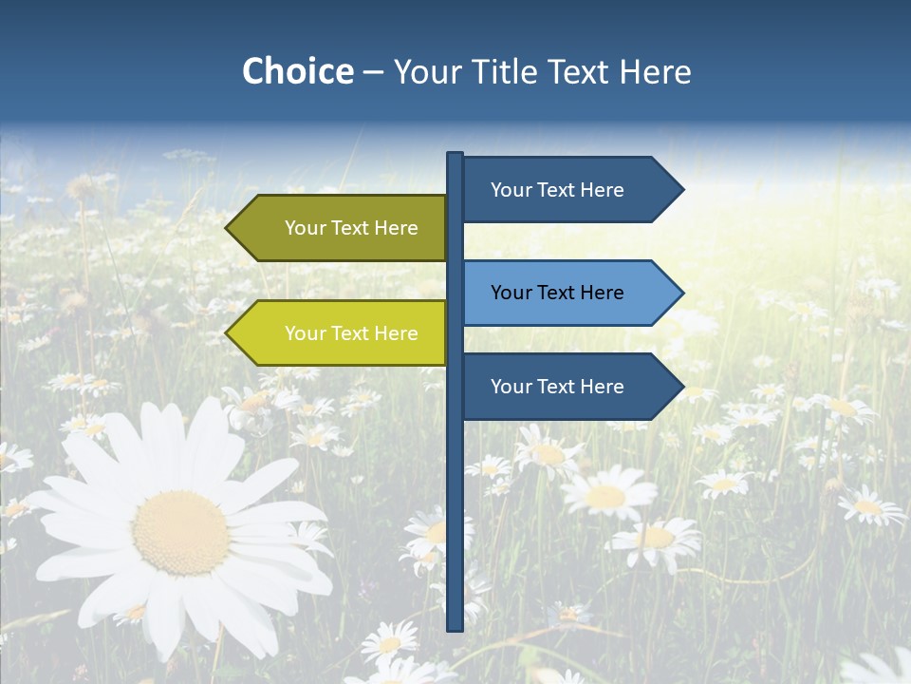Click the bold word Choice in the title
tap(297, 71)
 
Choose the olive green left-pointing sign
tap(342, 228)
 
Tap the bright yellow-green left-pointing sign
tap(342, 333)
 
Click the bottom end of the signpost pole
tap(455, 627)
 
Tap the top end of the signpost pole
tap(455, 155)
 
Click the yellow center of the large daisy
tap(180, 532)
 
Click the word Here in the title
tap(656, 71)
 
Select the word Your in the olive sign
tap(305, 228)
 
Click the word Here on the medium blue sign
tap(603, 293)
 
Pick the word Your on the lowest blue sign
tap(511, 387)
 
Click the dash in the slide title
tap(373, 72)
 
